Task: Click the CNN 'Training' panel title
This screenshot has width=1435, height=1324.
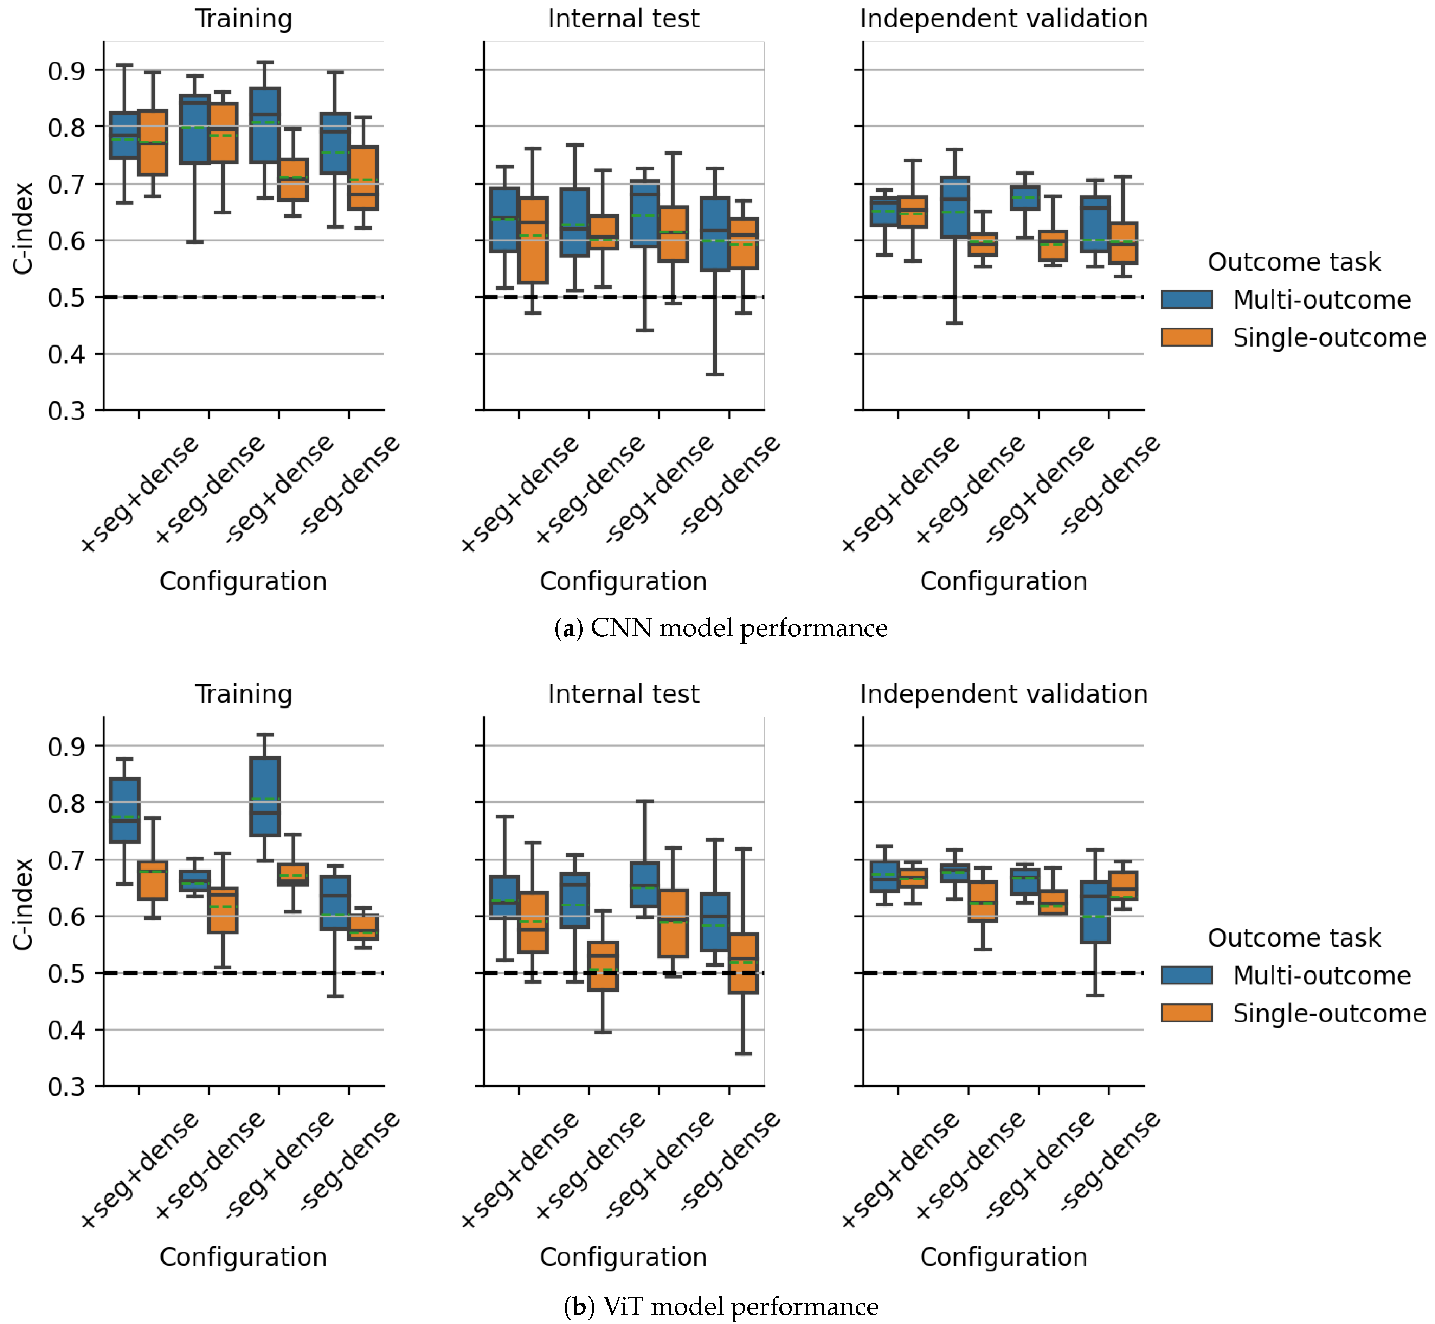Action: (x=244, y=19)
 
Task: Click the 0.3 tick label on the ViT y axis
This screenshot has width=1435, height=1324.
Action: (x=66, y=1087)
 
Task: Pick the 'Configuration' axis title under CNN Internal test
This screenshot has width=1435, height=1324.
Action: (x=623, y=581)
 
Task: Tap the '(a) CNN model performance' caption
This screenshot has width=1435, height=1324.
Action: (x=721, y=628)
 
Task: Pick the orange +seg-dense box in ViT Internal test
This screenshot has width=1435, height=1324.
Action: (x=603, y=966)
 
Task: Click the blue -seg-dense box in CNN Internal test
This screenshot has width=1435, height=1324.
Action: (x=715, y=234)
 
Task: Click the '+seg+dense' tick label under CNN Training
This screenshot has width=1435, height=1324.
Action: (x=140, y=495)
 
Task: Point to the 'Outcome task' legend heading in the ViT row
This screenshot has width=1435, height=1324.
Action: (x=1294, y=938)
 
